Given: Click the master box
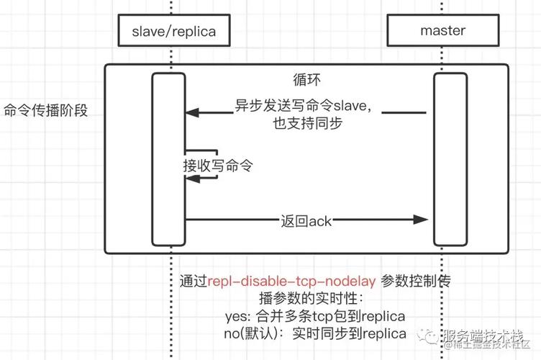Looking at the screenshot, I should [x=442, y=32].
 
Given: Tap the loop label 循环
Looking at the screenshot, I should [x=306, y=78].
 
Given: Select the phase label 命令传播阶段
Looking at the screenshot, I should [x=46, y=111].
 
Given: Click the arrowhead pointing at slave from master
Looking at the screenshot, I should [x=191, y=112].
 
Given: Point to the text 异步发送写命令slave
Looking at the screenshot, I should [x=303, y=106].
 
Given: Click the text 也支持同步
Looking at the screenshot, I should [x=307, y=123].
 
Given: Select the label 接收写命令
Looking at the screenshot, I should [x=218, y=165].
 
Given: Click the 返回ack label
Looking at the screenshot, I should [x=306, y=220].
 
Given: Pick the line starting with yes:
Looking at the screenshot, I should [x=315, y=316].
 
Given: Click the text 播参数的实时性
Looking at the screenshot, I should [x=312, y=298].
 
